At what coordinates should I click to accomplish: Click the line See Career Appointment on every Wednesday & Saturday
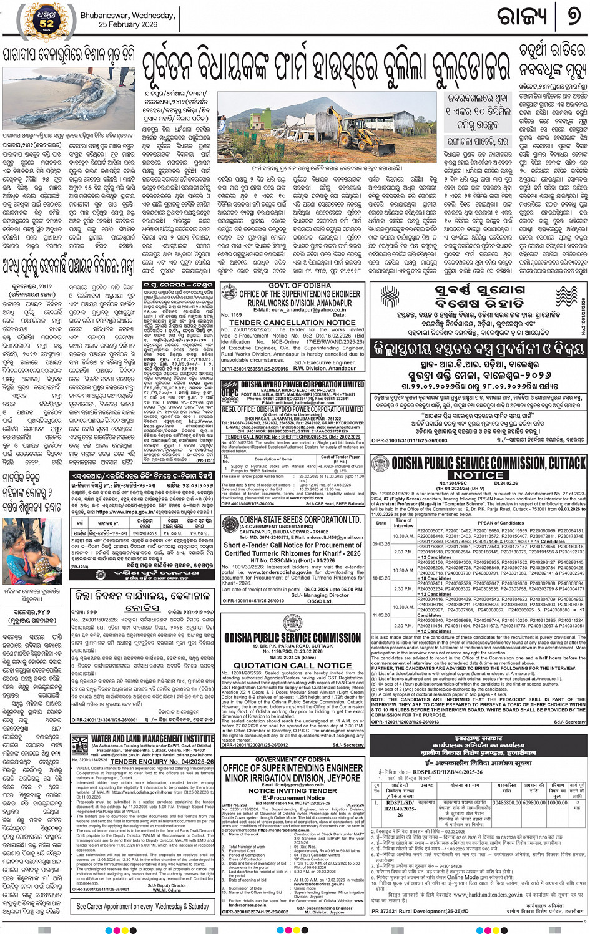click(x=142, y=907)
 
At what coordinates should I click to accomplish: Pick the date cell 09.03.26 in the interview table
click(x=381, y=543)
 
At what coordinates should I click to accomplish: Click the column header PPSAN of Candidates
click(x=501, y=523)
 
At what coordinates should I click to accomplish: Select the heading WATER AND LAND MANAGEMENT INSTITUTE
click(x=152, y=739)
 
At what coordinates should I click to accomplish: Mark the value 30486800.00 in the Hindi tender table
click(x=507, y=802)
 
